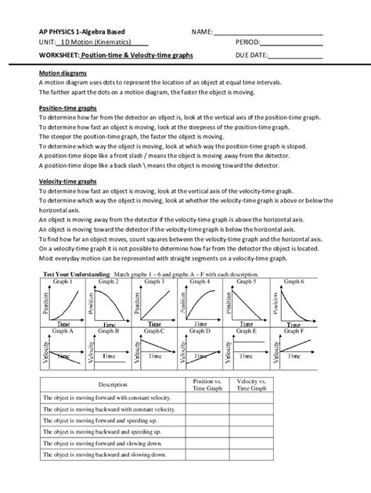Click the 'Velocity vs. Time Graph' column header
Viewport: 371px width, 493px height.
point(250,383)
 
